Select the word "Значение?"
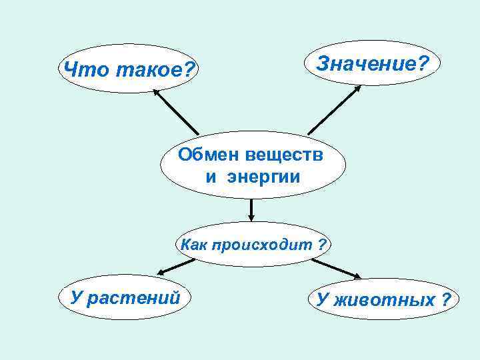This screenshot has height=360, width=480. tap(373, 64)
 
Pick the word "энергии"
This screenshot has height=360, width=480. tap(263, 177)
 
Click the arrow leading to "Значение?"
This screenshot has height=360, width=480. tap(334, 110)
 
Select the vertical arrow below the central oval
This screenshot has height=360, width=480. tap(251, 209)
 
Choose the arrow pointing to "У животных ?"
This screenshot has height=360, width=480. tap(337, 269)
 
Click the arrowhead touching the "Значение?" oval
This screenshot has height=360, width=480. tap(358, 87)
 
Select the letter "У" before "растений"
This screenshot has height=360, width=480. tap(77, 297)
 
